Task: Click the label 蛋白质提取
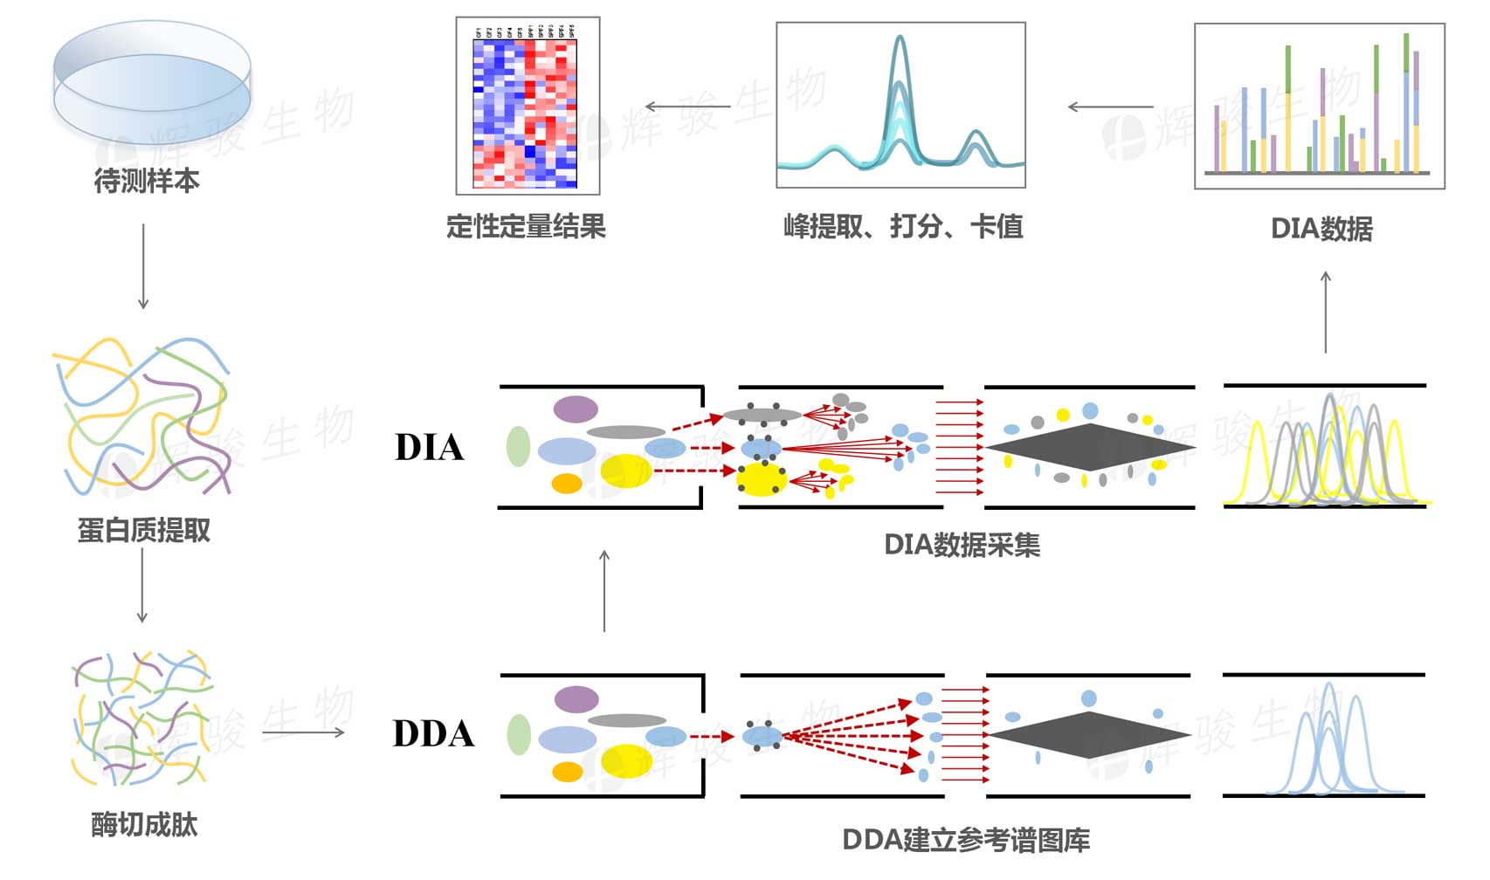[144, 530]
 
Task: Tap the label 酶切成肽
[144, 825]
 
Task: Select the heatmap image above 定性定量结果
[527, 106]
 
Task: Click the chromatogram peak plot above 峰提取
[900, 106]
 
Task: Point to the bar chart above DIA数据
[1319, 106]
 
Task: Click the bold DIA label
[429, 447]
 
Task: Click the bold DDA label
[433, 733]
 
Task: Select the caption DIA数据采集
[962, 545]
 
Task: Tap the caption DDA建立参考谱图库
[965, 840]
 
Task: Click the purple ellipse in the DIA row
[576, 409]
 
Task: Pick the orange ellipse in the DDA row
[568, 772]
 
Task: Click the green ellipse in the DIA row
[518, 446]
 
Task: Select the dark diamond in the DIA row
[1090, 448]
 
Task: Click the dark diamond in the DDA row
[1090, 734]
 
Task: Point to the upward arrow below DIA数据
[1326, 312]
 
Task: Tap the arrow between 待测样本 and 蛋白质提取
[143, 266]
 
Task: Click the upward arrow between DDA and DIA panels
[604, 591]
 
